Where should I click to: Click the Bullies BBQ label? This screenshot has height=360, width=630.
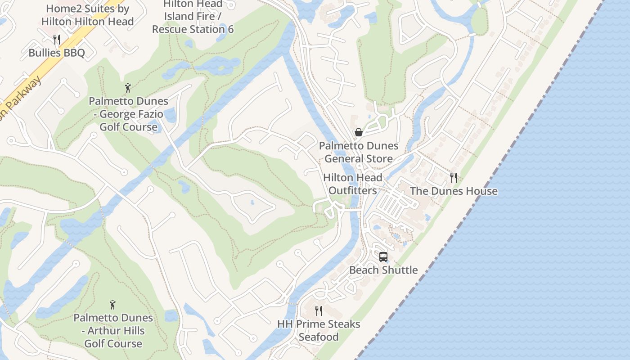(x=57, y=53)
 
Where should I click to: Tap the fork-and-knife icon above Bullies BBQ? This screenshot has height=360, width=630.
(x=57, y=40)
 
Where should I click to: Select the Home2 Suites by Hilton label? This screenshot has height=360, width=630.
(x=88, y=15)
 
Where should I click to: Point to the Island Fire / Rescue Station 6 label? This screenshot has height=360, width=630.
(x=193, y=23)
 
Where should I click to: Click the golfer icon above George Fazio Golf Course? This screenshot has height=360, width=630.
(x=128, y=87)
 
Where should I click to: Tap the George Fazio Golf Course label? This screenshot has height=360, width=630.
(x=129, y=114)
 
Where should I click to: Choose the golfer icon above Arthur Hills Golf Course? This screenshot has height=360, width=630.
(x=112, y=305)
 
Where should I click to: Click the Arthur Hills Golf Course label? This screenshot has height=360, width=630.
(x=113, y=331)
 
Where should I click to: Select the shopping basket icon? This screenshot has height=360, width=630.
(x=359, y=132)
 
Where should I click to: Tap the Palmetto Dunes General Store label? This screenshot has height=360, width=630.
(x=359, y=152)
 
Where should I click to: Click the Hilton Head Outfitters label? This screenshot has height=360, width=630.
(x=353, y=184)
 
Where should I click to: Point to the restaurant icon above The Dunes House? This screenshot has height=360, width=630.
(x=454, y=177)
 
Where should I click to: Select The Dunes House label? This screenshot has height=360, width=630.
(x=454, y=191)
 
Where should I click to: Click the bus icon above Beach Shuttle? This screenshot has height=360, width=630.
(x=383, y=256)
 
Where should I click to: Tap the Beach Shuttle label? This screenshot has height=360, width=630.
(x=383, y=270)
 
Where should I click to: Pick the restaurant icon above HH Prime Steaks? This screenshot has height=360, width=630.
(x=319, y=310)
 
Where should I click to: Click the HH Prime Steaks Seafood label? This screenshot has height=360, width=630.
(x=319, y=330)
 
